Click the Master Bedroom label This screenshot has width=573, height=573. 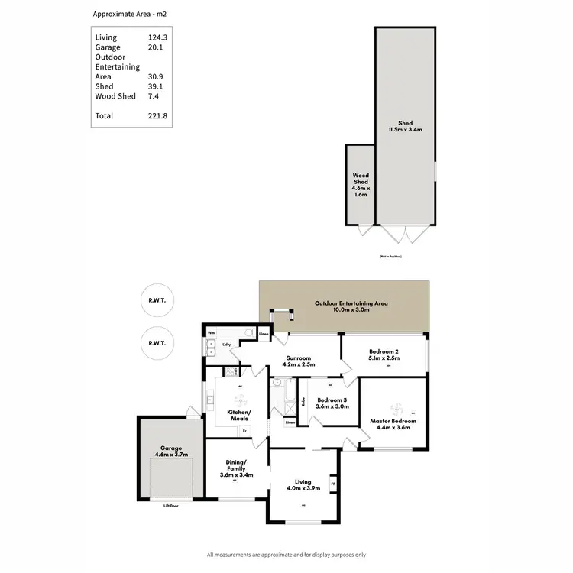coord(393,421)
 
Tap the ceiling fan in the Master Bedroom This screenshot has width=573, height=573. coord(396,406)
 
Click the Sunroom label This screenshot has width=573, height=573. coord(299,357)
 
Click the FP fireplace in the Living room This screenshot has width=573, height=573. coord(332,484)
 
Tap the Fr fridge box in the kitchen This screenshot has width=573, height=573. coord(244,430)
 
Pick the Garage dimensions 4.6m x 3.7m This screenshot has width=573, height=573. coord(169,455)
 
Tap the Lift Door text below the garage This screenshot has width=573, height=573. coord(172,506)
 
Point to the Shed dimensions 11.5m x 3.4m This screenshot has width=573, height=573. coord(405,129)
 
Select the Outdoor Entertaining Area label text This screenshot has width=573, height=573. coord(351,303)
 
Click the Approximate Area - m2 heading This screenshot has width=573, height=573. coord(129,14)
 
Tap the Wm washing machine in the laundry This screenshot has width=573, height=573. coord(211,333)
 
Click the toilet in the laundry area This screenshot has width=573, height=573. coord(249,332)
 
